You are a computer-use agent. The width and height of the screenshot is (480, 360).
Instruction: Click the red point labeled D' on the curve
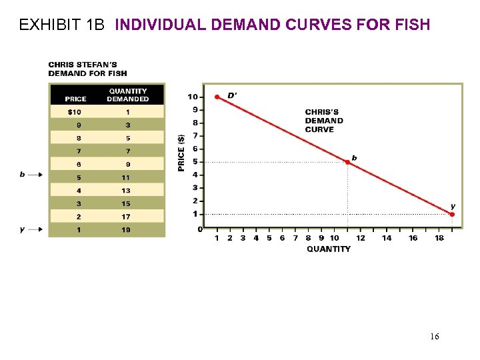pyautogui.click(x=217, y=97)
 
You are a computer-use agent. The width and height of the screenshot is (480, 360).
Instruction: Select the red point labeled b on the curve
pyautogui.click(x=347, y=162)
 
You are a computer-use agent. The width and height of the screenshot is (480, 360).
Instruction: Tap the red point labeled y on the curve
pyautogui.click(x=452, y=214)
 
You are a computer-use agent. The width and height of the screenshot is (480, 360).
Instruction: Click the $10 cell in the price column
pyautogui.click(x=75, y=111)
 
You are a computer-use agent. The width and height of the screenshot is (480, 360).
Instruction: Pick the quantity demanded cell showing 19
pyautogui.click(x=126, y=230)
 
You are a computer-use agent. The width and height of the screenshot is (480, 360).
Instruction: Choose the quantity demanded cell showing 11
pyautogui.click(x=126, y=177)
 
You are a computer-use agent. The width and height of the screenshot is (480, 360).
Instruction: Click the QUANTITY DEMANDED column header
pyautogui.click(x=127, y=95)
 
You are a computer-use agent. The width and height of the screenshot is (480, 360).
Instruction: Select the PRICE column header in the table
pyautogui.click(x=75, y=99)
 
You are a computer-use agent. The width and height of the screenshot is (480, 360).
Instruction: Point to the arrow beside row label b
pyautogui.click(x=35, y=175)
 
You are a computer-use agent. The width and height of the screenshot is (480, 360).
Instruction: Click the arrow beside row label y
pyautogui.click(x=35, y=229)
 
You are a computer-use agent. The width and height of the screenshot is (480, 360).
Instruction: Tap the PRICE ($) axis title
pyautogui.click(x=181, y=151)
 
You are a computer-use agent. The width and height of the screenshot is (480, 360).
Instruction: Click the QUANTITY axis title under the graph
pyautogui.click(x=328, y=249)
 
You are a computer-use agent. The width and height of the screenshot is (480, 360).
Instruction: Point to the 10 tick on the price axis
pyautogui.click(x=193, y=97)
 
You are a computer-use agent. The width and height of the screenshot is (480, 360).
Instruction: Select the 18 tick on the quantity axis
pyautogui.click(x=439, y=238)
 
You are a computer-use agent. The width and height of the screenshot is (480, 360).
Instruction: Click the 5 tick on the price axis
pyautogui.click(x=194, y=162)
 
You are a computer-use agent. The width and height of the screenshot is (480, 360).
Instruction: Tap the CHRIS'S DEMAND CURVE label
pyautogui.click(x=324, y=121)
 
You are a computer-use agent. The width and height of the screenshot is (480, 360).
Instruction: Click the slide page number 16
pyautogui.click(x=434, y=337)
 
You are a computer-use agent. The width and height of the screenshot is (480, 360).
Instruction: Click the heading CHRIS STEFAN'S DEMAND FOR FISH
pyautogui.click(x=87, y=69)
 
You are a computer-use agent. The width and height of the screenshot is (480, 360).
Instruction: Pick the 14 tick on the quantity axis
pyautogui.click(x=387, y=238)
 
